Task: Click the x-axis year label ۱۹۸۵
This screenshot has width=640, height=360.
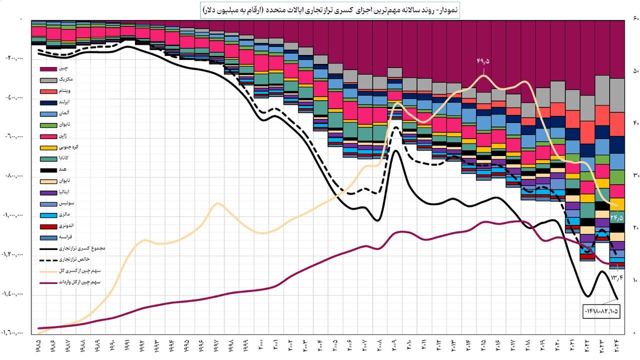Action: tap(39, 345)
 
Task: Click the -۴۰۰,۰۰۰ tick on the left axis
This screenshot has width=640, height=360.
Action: tap(14, 97)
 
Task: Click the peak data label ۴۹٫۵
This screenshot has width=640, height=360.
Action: tap(483, 61)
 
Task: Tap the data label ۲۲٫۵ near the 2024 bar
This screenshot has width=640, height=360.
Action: tap(617, 218)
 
